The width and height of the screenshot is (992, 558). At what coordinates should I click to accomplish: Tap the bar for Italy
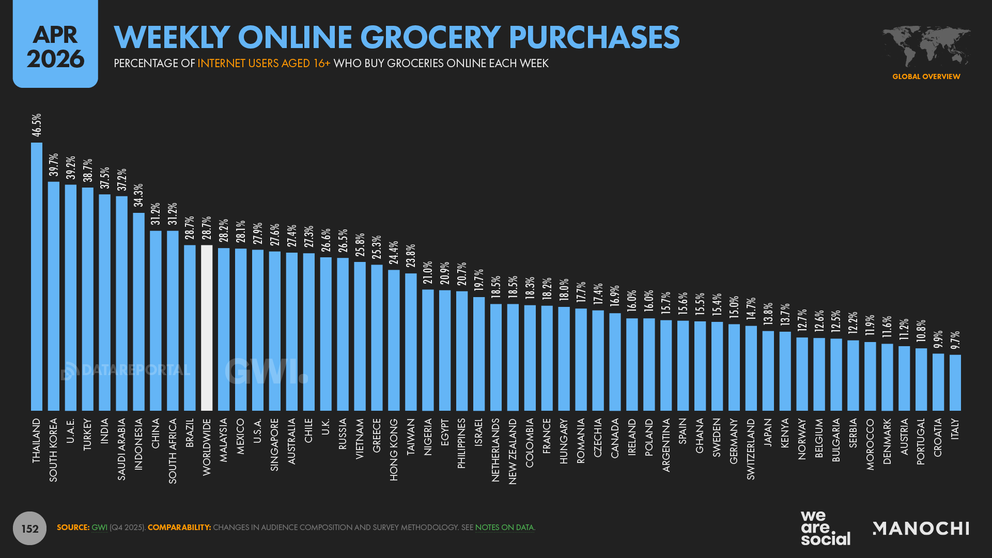pos(955,382)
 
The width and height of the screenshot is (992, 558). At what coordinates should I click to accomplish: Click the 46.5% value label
pos(37,126)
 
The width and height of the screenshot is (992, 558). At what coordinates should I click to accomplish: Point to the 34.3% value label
pos(138,195)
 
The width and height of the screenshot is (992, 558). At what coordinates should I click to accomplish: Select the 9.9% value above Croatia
pos(938,339)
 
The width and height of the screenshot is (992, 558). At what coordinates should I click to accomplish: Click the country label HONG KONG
pos(394,450)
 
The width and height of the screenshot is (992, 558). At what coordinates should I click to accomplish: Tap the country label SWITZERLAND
pos(751,449)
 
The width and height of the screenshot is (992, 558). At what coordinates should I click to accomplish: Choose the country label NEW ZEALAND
pos(513,452)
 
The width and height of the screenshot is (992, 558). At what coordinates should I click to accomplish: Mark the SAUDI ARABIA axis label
pos(121,450)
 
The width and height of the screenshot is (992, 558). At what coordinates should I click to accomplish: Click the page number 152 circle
pos(29,528)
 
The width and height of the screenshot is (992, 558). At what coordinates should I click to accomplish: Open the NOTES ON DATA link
pos(504,528)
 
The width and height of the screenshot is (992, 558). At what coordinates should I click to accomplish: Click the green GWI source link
pos(99,528)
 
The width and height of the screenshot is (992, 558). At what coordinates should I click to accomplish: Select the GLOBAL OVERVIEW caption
pos(926,76)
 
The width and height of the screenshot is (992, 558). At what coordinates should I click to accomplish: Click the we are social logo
pos(825,528)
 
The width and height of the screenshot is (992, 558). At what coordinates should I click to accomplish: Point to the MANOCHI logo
pos(921,528)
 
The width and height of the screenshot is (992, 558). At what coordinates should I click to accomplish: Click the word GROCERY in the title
pos(430,37)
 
